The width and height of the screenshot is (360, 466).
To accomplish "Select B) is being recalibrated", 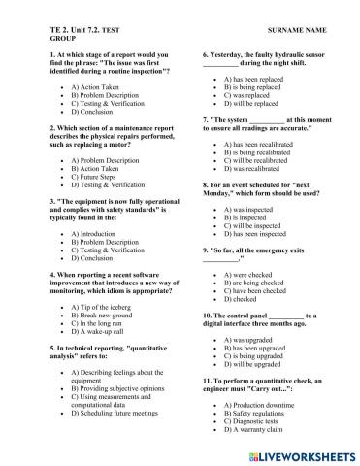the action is pos(265,152).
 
